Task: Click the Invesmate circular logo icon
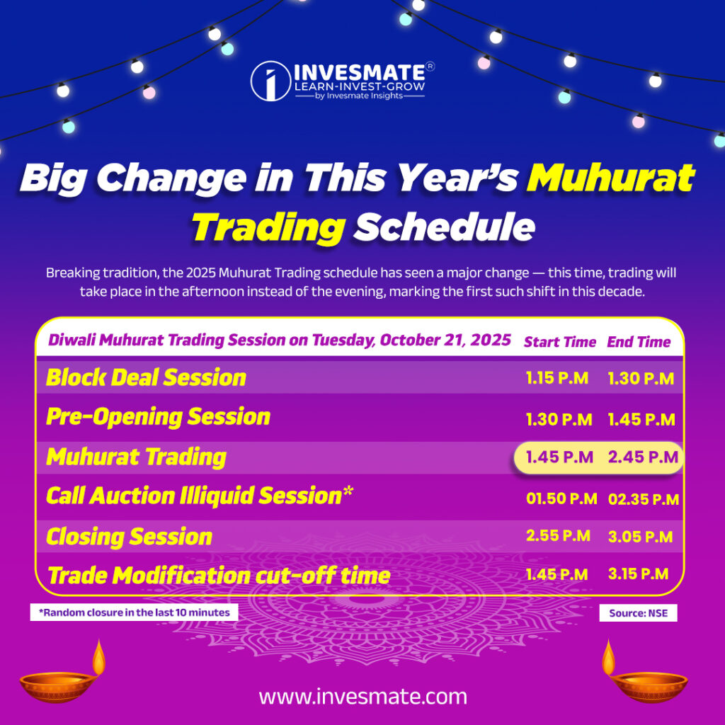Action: click(270, 81)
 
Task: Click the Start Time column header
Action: click(559, 342)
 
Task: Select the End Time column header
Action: click(639, 342)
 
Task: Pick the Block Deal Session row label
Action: click(146, 377)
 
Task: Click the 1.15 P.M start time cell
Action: click(557, 378)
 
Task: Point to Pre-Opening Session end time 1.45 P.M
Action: click(641, 419)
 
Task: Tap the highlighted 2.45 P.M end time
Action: click(642, 457)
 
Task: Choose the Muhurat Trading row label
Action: click(136, 457)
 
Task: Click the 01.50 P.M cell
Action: click(561, 499)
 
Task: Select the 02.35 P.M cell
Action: click(643, 499)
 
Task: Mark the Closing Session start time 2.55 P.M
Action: click(558, 536)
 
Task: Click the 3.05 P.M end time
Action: click(640, 536)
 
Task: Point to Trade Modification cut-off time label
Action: click(218, 575)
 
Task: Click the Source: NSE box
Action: click(638, 613)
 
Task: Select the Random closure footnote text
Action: click(134, 612)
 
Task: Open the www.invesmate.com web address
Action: click(362, 696)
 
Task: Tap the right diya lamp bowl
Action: click(649, 687)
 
